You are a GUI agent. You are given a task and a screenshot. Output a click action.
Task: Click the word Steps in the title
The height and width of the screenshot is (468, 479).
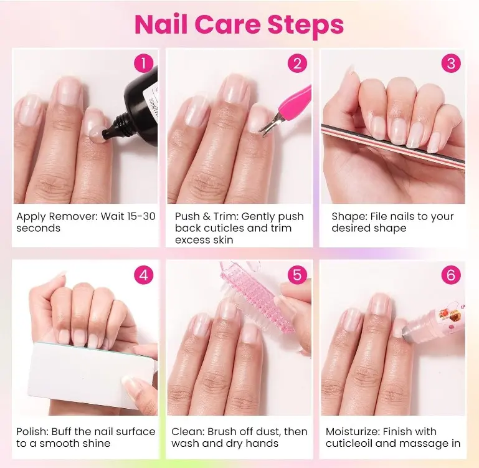coord(306,25)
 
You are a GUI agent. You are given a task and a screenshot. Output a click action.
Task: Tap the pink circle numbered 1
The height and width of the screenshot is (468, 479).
coord(144,64)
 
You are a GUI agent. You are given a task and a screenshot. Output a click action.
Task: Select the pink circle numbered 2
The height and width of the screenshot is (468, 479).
coord(297,64)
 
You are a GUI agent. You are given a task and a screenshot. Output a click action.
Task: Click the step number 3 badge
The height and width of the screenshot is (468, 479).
coord(451,64)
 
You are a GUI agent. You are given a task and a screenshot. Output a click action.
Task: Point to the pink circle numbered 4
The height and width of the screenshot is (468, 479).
coord(144,275)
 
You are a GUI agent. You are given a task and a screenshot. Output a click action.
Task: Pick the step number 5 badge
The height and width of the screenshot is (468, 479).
coord(297,275)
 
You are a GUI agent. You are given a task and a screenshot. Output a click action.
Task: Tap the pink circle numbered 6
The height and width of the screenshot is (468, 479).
coord(451,275)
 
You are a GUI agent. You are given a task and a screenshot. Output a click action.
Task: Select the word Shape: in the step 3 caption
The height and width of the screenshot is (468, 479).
coord(349,217)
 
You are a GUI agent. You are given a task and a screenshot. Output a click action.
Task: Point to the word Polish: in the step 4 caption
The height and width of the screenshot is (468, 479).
coord(32,432)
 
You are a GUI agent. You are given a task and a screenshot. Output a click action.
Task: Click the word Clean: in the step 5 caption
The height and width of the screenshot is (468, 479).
coord(187,432)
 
